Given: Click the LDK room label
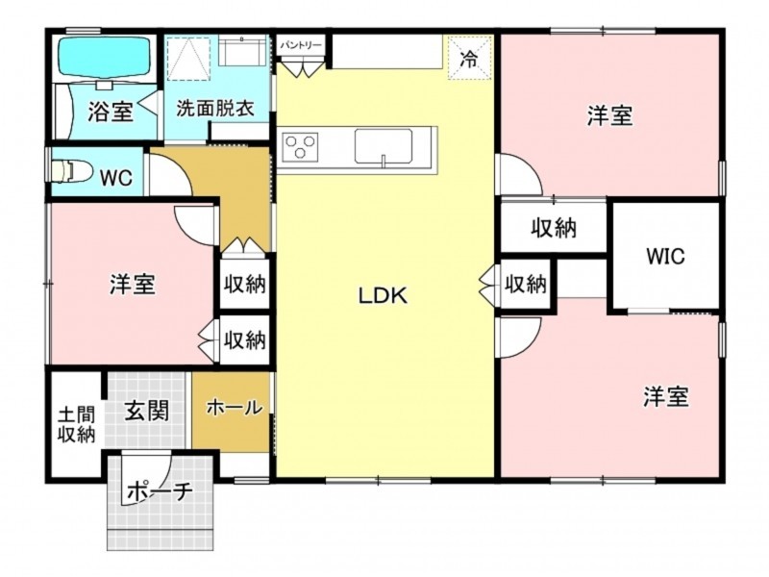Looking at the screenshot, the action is pyautogui.click(x=383, y=296).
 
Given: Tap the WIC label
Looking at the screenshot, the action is pyautogui.click(x=665, y=256).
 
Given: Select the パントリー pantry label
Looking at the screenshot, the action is pyautogui.click(x=300, y=45).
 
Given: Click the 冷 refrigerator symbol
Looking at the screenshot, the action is pyautogui.click(x=469, y=58).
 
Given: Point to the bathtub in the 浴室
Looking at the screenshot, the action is pyautogui.click(x=104, y=57).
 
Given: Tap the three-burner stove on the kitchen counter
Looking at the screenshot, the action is pyautogui.click(x=300, y=147).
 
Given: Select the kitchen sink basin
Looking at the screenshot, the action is pyautogui.click(x=384, y=146).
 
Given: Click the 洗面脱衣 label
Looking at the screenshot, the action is pyautogui.click(x=214, y=108).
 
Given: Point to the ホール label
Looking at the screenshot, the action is pyautogui.click(x=234, y=407).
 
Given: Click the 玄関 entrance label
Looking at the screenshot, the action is pyautogui.click(x=146, y=411).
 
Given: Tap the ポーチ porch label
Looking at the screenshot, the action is pyautogui.click(x=158, y=491).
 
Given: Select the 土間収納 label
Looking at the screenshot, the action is pyautogui.click(x=76, y=425).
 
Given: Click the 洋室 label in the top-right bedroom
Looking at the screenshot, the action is pyautogui.click(x=610, y=115).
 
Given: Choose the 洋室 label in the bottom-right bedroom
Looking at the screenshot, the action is pyautogui.click(x=666, y=396).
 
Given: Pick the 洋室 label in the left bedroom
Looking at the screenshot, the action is pyautogui.click(x=133, y=285).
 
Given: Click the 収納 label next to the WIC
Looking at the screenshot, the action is pyautogui.click(x=554, y=228).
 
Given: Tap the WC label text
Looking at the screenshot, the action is pyautogui.click(x=115, y=178).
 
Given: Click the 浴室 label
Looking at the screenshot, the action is pyautogui.click(x=111, y=112).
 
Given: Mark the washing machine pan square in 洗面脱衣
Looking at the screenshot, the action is pyautogui.click(x=188, y=58).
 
